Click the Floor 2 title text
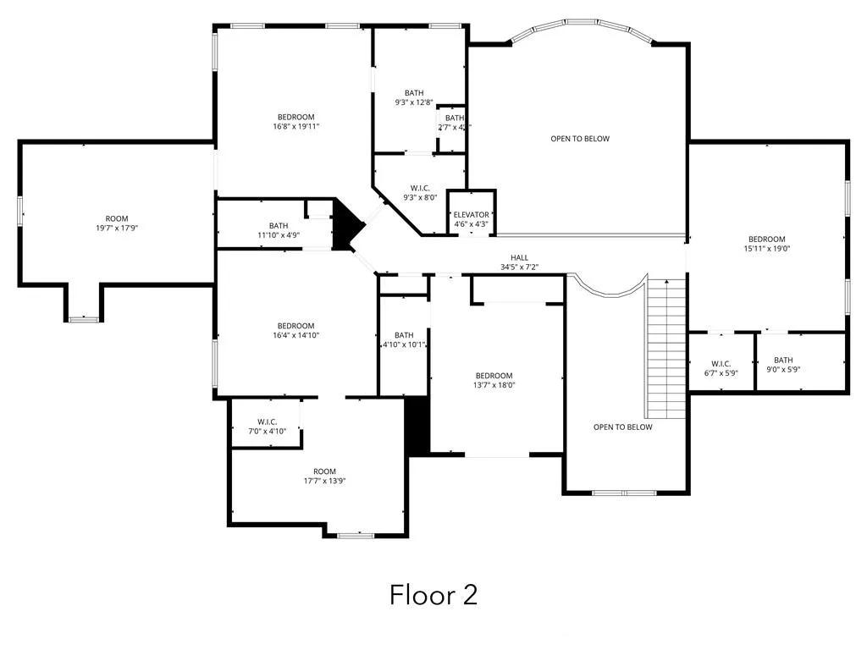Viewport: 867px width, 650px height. tap(433, 594)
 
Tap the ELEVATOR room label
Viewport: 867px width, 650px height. tap(471, 219)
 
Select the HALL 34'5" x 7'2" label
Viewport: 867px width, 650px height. tap(519, 262)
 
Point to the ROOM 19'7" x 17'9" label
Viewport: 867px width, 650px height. tap(117, 223)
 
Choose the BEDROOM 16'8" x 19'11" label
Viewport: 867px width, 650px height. tap(295, 121)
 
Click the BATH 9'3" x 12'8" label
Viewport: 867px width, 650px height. tap(414, 97)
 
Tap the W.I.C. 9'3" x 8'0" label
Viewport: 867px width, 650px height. tap(420, 193)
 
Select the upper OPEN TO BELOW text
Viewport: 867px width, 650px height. tap(580, 139)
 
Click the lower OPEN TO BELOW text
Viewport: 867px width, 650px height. tap(623, 427)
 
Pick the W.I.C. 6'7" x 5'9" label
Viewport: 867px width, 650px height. tap(721, 368)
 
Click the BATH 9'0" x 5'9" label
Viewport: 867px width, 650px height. tap(783, 365)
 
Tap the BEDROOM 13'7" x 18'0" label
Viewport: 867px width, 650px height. tap(494, 380)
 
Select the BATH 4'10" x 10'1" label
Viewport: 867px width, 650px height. tap(404, 339)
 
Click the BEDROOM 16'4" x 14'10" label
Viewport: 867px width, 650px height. tap(295, 330)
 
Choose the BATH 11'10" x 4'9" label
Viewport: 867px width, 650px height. tap(279, 230)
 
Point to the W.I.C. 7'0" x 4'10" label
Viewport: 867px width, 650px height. tap(268, 427)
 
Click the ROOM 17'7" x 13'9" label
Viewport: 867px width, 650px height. tap(324, 476)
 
